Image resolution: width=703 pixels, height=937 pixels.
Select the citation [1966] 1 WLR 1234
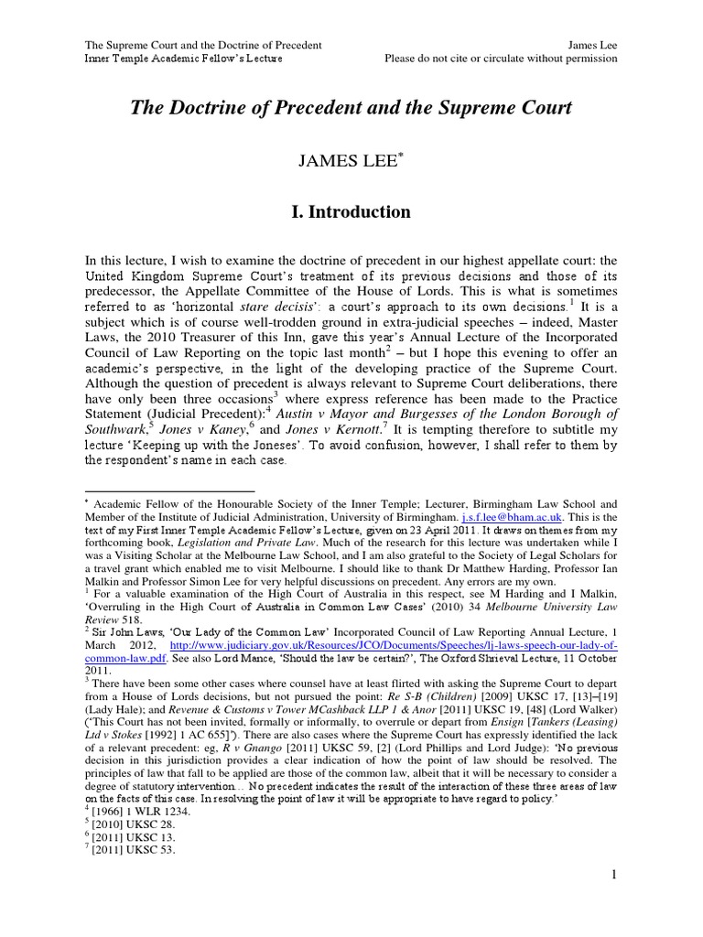[x=134, y=809]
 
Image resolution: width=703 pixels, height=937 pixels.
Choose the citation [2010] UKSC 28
[x=124, y=823]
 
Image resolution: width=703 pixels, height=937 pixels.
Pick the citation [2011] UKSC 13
[x=124, y=835]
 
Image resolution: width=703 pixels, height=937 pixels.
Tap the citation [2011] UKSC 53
[x=124, y=849]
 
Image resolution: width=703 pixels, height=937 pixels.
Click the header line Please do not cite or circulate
[x=502, y=59]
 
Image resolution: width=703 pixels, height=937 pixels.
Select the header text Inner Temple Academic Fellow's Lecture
[x=183, y=59]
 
